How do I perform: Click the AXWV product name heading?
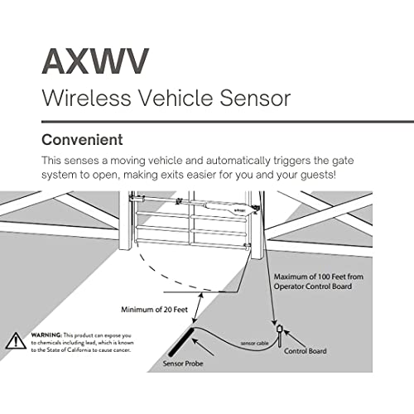coord(95,61)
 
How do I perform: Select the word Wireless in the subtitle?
coord(86,98)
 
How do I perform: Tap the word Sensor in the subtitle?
coord(255,98)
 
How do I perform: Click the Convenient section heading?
coord(82,140)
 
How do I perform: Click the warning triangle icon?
coord(16,340)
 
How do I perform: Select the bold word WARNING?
coord(46,335)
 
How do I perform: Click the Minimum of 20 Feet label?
coord(154,310)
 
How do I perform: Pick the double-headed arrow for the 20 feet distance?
coord(198,308)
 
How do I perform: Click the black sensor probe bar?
coord(181,342)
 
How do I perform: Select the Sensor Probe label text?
coord(183,363)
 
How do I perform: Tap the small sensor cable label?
coord(254,344)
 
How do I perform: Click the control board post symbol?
coord(279,335)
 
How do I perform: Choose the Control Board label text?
coord(306,351)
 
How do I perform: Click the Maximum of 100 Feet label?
coord(319,282)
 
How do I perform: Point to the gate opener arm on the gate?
coord(193,204)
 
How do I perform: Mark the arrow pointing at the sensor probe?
coord(203,347)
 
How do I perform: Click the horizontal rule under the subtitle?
coord(228,122)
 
